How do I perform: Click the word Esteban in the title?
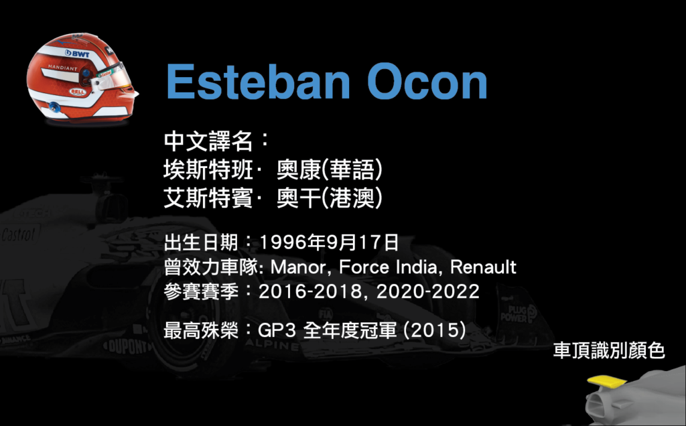tap(258, 82)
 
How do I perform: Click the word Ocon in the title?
tap(427, 82)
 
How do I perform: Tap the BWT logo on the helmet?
tap(78, 54)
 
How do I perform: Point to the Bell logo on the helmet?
tap(78, 92)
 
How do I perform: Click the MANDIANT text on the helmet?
tap(62, 68)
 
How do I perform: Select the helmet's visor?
tap(112, 77)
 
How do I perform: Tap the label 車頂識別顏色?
tap(609, 351)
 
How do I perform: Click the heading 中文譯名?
tap(208, 141)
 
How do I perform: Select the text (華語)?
tap(352, 169)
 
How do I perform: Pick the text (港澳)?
tap(352, 198)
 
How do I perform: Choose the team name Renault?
tap(484, 267)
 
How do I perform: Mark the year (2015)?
tap(434, 330)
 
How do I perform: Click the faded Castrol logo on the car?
tap(18, 235)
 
